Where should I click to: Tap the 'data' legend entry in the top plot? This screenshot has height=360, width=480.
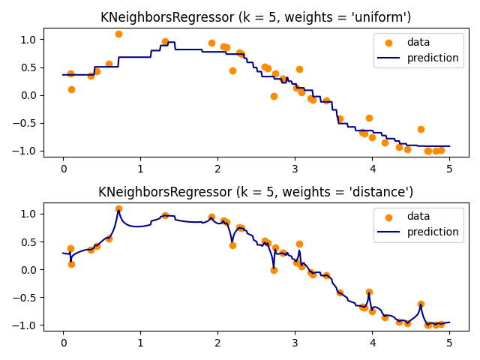point(418,43)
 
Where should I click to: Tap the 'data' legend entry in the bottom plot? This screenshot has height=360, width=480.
point(418,217)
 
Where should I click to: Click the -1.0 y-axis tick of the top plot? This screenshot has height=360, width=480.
point(26,151)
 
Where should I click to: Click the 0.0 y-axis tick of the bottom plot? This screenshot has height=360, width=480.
point(29,270)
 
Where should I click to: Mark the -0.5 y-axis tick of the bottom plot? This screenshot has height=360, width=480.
point(26,298)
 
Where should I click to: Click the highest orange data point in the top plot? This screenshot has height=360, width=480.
point(118,34)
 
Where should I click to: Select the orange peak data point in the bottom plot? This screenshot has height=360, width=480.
point(118,208)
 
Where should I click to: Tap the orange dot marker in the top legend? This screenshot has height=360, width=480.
point(388,43)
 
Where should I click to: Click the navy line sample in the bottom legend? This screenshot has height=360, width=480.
point(388,232)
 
